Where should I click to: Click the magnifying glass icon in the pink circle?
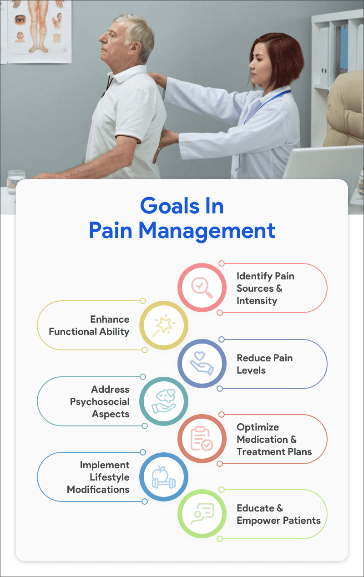202,288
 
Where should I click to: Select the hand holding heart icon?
202,363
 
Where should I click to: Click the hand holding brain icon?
164,401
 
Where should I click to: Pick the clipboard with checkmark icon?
202,439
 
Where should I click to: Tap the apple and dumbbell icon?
164,476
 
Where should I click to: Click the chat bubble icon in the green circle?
202,514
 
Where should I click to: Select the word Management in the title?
207,230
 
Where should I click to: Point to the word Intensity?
257,301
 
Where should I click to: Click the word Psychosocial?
100,402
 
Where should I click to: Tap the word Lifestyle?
109,477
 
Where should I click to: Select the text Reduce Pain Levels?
264,364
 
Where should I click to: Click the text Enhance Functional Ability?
89,325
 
